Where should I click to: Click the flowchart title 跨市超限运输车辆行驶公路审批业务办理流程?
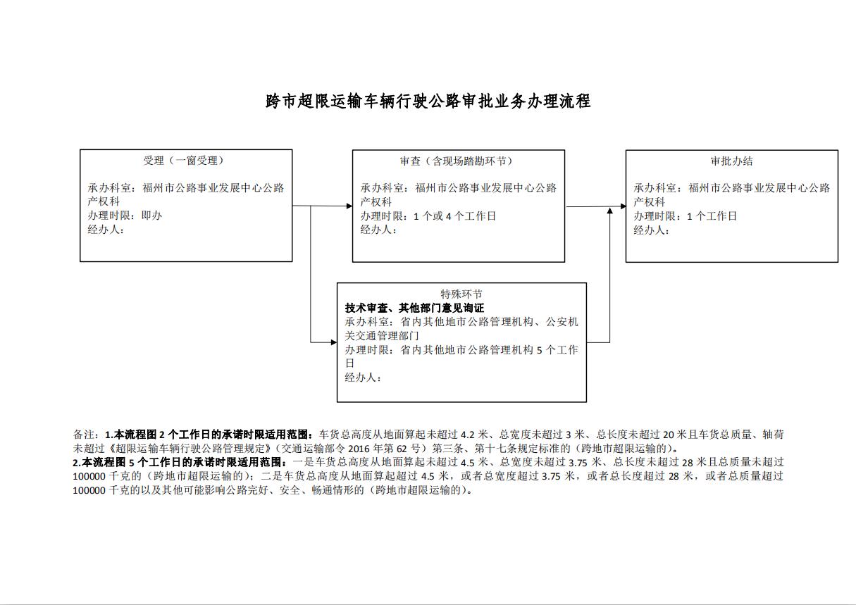click(428, 101)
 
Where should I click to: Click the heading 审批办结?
click(731, 161)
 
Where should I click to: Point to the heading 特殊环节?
click(461, 294)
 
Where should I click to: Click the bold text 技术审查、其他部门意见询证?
click(415, 308)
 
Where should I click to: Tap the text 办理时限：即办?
click(125, 216)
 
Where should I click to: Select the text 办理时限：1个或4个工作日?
click(428, 216)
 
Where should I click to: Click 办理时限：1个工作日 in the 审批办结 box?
click(686, 216)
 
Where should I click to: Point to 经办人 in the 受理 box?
click(106, 230)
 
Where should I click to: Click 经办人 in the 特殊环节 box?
click(363, 378)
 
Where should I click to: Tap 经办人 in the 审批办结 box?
click(652, 230)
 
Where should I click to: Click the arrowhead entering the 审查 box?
click(349, 206)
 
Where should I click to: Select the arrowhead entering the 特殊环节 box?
click(334, 342)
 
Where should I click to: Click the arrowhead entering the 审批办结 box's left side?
click(623, 206)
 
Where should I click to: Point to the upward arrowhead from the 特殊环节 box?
click(610, 211)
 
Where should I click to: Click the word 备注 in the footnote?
click(83, 435)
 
